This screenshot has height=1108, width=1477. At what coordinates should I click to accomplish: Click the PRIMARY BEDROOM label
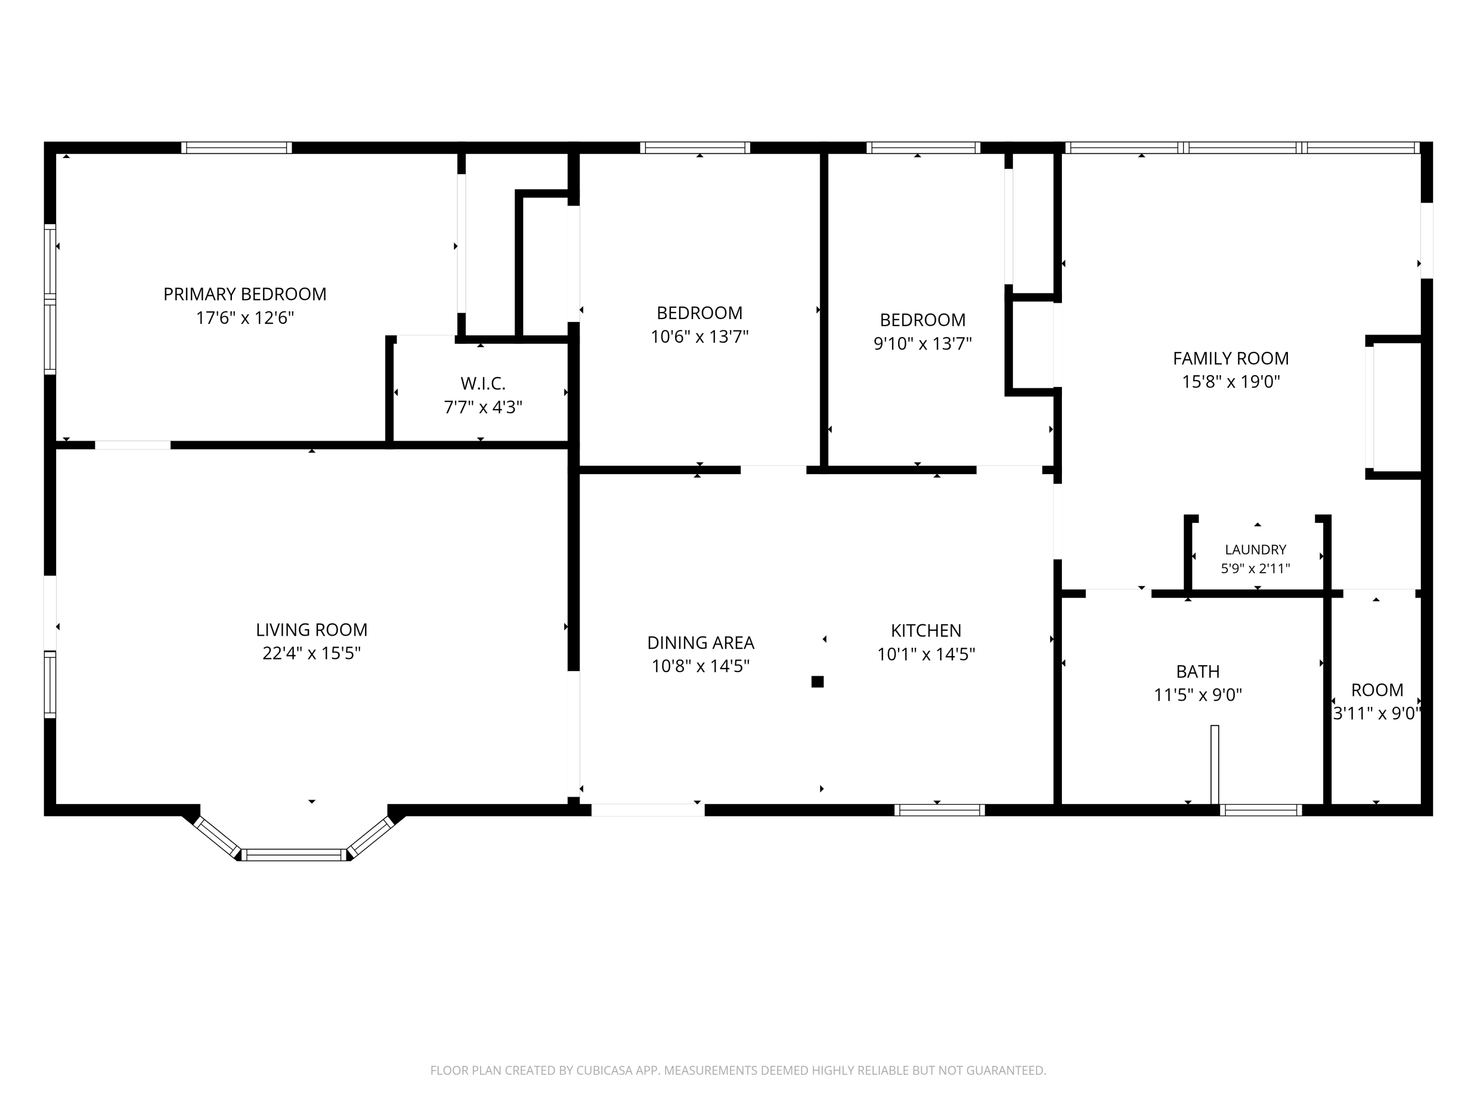245,294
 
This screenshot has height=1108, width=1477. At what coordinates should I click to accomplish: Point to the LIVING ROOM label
312,629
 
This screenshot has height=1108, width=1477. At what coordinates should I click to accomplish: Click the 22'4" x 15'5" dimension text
312,652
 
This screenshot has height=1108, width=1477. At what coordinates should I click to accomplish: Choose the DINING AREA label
701,643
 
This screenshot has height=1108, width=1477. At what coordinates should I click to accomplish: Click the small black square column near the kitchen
817,682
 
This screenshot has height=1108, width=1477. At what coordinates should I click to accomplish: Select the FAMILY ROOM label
1231,358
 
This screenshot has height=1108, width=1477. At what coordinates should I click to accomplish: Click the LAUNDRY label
1255,550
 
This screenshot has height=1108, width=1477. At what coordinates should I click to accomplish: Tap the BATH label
1198,671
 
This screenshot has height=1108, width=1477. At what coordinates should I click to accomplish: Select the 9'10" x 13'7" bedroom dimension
923,343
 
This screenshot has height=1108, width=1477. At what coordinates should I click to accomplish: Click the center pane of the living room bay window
294,855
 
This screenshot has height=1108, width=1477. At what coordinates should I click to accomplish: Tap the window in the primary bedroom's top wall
236,148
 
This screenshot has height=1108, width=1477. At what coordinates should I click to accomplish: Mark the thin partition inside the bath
1215,765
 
